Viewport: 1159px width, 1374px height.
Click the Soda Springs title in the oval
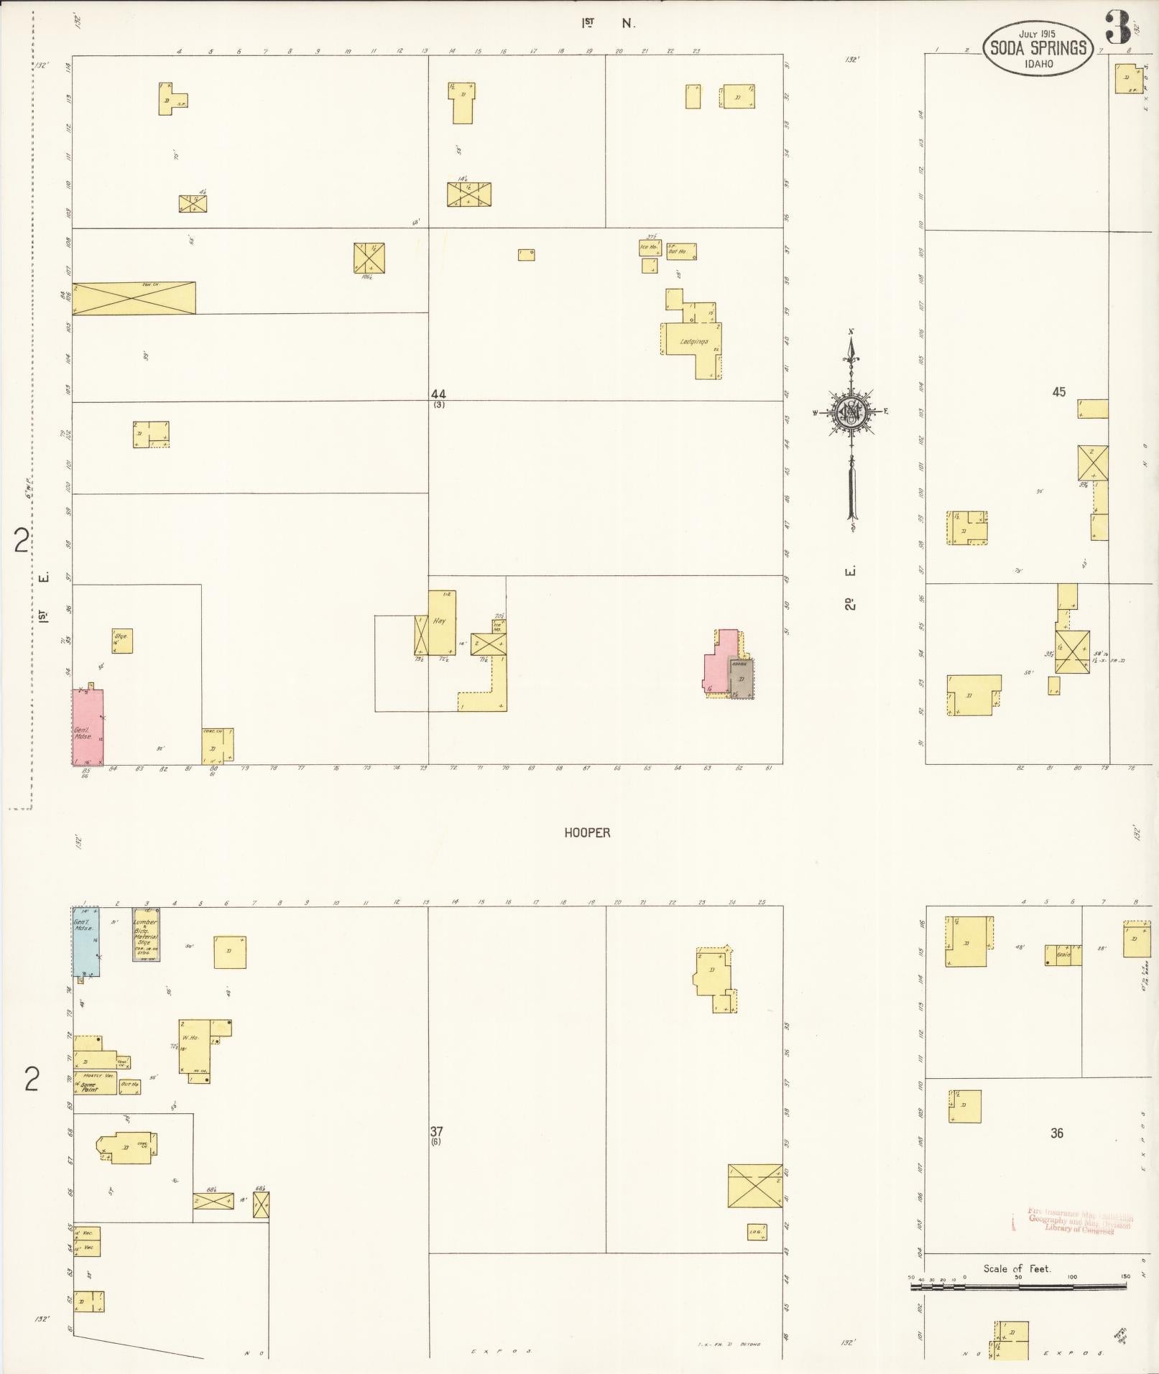pos(1038,49)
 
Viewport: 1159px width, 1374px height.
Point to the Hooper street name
pos(586,832)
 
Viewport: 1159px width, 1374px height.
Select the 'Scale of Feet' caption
pos(1017,1268)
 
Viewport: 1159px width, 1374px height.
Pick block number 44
pos(438,394)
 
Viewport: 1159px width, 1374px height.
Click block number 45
pos(1058,392)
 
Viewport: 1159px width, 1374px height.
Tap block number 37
pos(436,1131)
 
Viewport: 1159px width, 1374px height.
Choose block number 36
pos(1056,1133)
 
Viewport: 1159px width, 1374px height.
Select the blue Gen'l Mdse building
pos(85,940)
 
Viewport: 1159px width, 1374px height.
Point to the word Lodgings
pos(694,342)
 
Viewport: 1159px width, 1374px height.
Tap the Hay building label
pos(439,620)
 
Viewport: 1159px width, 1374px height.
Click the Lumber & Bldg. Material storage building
pos(146,933)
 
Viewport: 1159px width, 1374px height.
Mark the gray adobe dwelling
pos(741,677)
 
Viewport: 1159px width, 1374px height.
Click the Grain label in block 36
pos(1063,955)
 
